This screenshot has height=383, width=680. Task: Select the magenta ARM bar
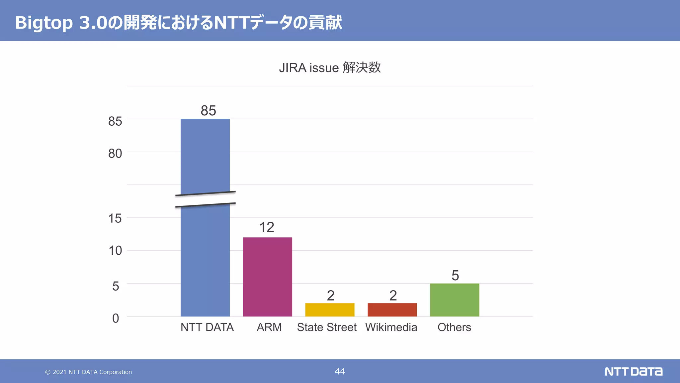coord(267,277)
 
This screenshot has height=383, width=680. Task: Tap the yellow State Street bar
coord(330,310)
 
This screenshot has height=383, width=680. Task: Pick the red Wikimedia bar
coord(392,310)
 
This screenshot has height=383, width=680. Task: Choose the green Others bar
coord(455,300)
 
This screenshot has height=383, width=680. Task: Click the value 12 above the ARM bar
coord(267,227)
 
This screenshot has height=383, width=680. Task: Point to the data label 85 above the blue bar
coord(208,110)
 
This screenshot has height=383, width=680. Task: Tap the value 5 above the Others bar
coord(455,275)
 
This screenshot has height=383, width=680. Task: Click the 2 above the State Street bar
coord(330,295)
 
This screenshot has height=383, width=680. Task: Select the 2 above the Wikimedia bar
coord(393,295)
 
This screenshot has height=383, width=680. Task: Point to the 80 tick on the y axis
coord(115,154)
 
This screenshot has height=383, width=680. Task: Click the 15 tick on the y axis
coord(115,218)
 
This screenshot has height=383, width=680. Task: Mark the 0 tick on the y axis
coord(116,318)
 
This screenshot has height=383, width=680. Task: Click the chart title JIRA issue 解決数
coord(330,67)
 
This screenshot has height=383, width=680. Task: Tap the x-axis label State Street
coord(327,327)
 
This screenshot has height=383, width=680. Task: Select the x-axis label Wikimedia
coord(391,327)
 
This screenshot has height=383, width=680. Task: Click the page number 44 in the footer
coord(340,371)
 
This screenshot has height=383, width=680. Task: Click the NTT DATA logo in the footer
coord(633,371)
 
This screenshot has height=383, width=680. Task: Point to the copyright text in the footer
coord(89,372)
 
